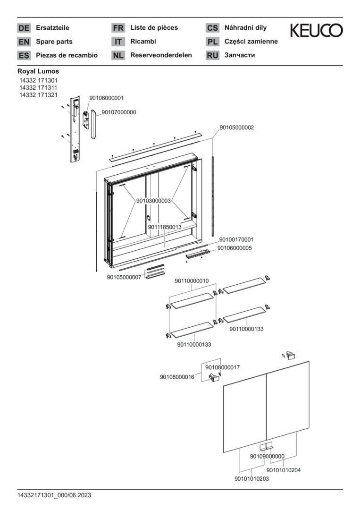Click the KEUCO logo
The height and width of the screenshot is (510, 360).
(316, 31)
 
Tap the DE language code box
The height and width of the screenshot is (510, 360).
(24, 28)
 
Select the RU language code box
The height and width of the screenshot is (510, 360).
(212, 56)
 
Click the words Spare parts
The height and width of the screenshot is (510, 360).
(54, 42)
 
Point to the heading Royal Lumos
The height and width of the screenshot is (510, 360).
(38, 71)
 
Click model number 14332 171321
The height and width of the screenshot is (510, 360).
(38, 94)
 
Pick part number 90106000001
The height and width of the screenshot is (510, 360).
(106, 98)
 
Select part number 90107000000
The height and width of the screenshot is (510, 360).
(119, 112)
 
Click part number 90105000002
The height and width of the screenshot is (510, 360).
(237, 127)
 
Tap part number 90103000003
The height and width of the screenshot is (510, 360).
(153, 201)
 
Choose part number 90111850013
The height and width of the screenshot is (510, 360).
(165, 227)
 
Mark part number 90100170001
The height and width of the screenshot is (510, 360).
(236, 240)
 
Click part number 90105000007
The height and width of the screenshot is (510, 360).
(124, 277)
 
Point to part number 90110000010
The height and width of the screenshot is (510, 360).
(192, 281)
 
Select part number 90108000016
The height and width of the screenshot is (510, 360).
(177, 377)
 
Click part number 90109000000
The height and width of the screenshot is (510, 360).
(267, 456)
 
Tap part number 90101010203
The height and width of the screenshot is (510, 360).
(251, 479)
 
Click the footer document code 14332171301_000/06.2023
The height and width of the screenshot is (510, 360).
(54, 495)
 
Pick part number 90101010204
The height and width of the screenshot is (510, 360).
(284, 470)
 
